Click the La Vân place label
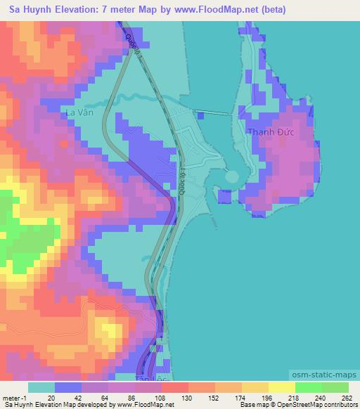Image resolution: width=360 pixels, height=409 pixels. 78,112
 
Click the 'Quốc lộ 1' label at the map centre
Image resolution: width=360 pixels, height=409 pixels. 181,179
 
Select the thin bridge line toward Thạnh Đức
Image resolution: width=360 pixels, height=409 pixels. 214,112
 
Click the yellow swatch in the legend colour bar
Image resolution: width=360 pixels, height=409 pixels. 255,387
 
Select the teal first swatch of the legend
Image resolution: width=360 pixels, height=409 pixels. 41,387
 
